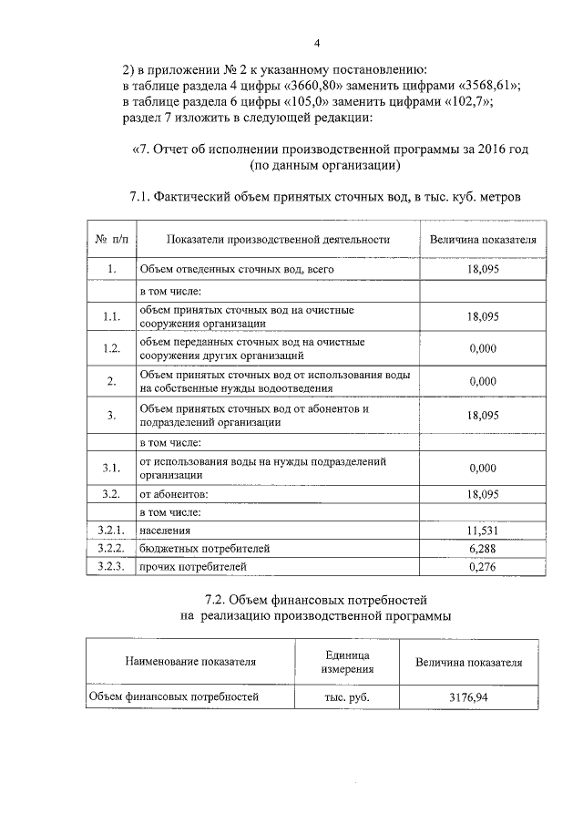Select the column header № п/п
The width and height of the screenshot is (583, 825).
click(x=112, y=240)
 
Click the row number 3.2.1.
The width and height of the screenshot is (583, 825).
click(x=111, y=531)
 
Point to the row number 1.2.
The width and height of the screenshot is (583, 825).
click(x=111, y=349)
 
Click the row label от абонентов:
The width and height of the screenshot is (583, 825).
click(x=173, y=493)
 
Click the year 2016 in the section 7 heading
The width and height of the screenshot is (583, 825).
click(x=490, y=150)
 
